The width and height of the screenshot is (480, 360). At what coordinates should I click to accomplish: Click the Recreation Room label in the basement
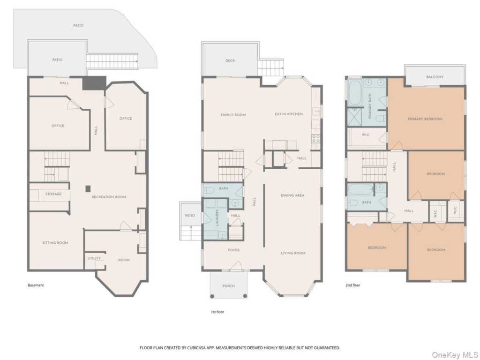(109, 197)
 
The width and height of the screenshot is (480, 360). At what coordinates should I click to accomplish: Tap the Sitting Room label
(55, 243)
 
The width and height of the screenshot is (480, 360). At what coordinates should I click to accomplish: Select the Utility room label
(94, 258)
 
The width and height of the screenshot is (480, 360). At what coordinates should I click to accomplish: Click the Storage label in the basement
(53, 194)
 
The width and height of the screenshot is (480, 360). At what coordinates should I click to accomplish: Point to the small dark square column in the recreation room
(88, 188)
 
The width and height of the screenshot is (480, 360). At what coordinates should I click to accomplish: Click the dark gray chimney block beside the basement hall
(94, 83)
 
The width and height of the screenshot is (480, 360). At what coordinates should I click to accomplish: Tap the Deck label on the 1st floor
(230, 60)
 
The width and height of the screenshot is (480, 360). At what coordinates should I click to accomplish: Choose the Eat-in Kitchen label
(289, 114)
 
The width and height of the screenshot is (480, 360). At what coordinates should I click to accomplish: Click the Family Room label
(233, 115)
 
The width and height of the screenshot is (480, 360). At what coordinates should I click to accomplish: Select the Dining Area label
(292, 195)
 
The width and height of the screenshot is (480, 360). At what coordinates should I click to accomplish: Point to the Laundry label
(217, 217)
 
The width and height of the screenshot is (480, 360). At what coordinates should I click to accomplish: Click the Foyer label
(234, 250)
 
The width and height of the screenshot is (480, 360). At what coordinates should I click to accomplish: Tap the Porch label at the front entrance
(229, 286)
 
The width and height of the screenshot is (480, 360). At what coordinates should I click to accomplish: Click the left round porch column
(212, 296)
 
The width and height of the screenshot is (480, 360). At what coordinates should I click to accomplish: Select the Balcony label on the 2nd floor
(435, 77)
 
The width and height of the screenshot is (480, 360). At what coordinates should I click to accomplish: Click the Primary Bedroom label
(425, 119)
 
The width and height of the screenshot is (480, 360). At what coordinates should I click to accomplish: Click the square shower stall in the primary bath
(354, 117)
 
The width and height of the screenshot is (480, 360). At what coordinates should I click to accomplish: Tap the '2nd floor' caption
(353, 285)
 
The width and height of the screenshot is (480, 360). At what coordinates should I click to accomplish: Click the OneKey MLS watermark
(454, 355)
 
